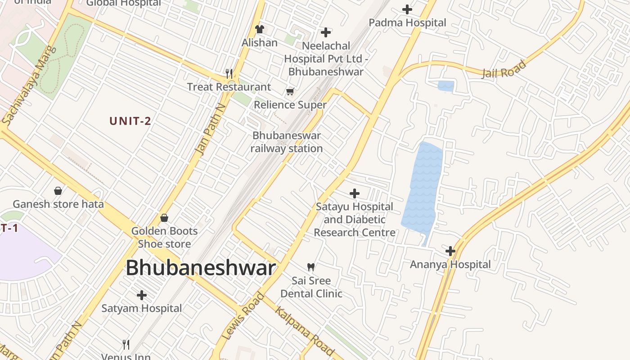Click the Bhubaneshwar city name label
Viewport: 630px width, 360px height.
(200, 268)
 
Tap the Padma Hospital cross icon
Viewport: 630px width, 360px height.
(407, 9)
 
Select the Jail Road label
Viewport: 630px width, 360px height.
(504, 70)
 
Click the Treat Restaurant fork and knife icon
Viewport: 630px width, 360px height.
(229, 73)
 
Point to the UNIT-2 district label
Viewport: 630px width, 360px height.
(130, 121)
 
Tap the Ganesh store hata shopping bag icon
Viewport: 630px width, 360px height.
(58, 191)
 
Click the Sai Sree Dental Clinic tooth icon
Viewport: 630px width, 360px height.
(310, 267)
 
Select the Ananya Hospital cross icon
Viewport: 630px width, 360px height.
(450, 251)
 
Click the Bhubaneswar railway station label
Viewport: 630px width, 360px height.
(287, 142)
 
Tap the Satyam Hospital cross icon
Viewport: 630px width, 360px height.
(142, 295)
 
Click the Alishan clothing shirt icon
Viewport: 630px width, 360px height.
(259, 29)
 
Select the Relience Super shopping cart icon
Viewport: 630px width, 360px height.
(290, 92)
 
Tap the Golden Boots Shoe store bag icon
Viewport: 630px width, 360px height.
(164, 218)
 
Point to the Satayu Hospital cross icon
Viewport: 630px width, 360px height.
(355, 193)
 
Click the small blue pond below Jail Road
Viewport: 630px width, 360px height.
(445, 86)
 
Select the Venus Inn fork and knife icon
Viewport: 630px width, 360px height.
(126, 345)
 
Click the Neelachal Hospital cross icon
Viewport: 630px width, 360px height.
(326, 32)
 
